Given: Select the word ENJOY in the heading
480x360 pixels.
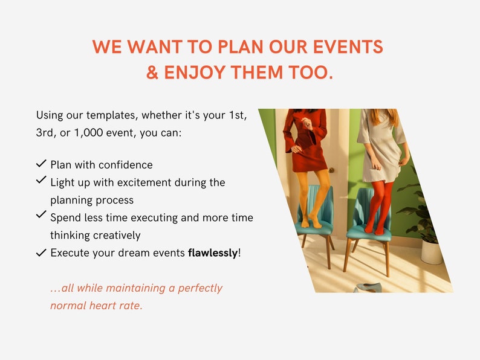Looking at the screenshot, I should click(193, 73).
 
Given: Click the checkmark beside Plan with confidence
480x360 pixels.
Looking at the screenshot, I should click(41, 164).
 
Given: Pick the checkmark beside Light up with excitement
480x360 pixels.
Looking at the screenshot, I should click(41, 180).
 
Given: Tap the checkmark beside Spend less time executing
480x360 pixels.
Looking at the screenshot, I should click(41, 214).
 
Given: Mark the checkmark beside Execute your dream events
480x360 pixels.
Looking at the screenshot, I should click(41, 253).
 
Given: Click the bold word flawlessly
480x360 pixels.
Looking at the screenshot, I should click(213, 252).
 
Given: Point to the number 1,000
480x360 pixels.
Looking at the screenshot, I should click(92, 133).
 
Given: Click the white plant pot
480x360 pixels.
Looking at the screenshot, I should click(432, 251).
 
